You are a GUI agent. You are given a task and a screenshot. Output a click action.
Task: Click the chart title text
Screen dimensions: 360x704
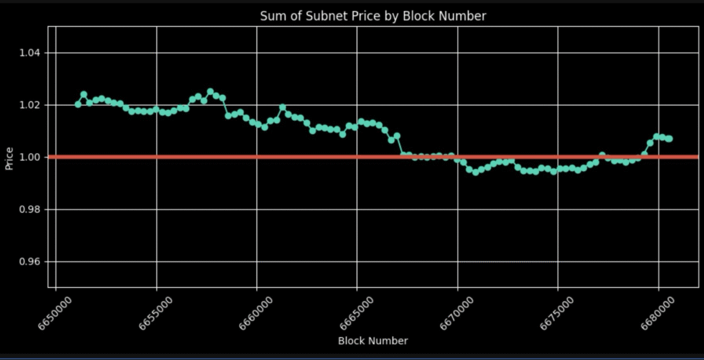point(373,16)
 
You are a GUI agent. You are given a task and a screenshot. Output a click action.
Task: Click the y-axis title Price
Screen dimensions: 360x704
point(10,157)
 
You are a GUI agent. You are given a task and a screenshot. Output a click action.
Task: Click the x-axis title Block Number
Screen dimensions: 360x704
point(373,341)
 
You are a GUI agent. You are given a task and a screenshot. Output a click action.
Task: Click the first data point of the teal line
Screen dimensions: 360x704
point(78,104)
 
